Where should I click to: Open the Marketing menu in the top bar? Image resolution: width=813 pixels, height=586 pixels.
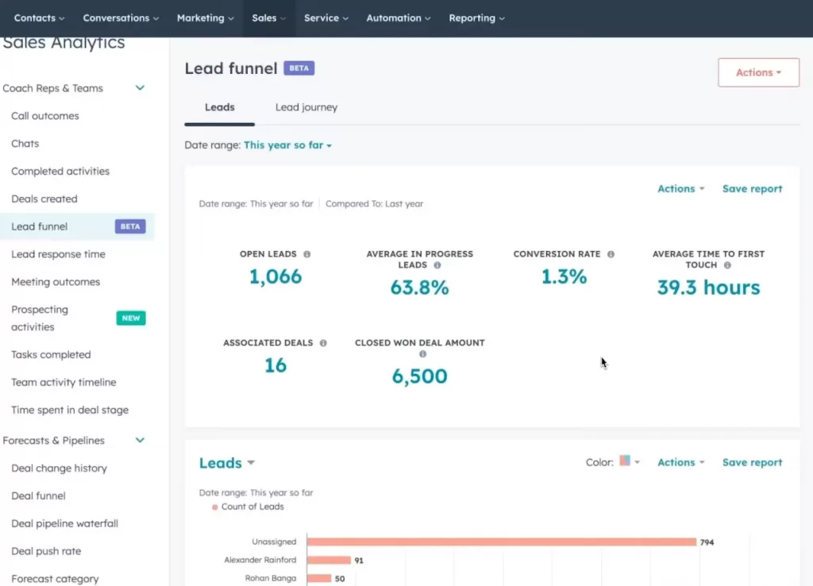(x=205, y=18)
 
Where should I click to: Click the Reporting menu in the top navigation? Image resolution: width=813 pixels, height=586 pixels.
(x=476, y=18)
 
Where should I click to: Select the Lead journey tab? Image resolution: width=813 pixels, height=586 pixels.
(x=306, y=107)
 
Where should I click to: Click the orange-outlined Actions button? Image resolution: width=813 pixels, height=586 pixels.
(x=758, y=72)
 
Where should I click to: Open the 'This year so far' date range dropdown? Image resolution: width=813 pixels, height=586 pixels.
(x=287, y=145)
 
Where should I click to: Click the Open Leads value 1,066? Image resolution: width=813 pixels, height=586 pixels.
(x=275, y=276)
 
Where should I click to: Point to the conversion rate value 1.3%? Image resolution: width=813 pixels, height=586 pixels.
(x=564, y=276)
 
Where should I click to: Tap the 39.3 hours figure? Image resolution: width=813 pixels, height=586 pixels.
(x=708, y=287)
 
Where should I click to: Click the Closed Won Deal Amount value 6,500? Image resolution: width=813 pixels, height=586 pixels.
(x=419, y=376)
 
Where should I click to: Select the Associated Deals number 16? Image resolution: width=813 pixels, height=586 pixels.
(x=275, y=365)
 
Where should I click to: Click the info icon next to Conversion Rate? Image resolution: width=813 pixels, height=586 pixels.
(x=611, y=254)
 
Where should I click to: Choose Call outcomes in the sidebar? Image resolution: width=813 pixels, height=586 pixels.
(x=45, y=116)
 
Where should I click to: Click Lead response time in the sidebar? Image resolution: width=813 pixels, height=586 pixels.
(x=58, y=254)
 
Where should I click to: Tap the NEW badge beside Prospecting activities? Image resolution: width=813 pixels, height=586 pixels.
(x=131, y=318)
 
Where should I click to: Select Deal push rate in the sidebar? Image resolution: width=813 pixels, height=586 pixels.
(x=46, y=551)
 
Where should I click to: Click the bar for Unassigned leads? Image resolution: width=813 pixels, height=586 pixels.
(x=501, y=542)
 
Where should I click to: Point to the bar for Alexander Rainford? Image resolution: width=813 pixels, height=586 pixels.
(x=329, y=561)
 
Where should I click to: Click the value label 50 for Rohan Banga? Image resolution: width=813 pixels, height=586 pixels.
(x=340, y=579)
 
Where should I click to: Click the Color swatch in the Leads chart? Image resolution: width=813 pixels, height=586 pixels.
(x=625, y=461)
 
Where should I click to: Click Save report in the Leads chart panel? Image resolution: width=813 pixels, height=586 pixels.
(x=752, y=462)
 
